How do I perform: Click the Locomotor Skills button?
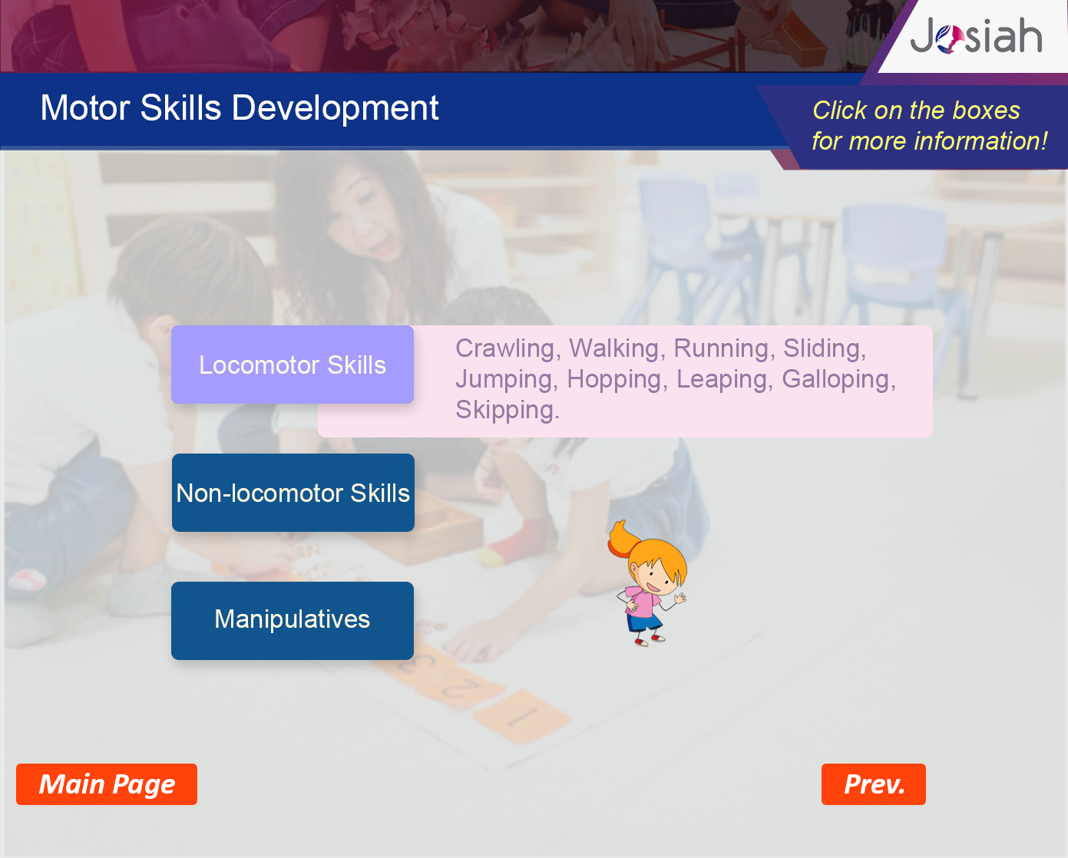point(293,365)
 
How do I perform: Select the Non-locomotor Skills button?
point(293,492)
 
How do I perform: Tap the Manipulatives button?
point(293,620)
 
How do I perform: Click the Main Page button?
point(107,784)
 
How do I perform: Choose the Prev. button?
point(874,784)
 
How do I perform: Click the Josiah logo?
point(976,36)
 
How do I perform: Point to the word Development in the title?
point(335,108)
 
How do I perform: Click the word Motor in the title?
point(86,107)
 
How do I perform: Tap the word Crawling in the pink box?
point(508,349)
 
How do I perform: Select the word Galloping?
point(838,380)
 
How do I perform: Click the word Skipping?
point(508,411)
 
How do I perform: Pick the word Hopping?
point(614,380)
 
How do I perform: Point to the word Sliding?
point(825,349)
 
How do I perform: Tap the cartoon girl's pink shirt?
point(643,601)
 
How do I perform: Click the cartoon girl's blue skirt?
point(644,622)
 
